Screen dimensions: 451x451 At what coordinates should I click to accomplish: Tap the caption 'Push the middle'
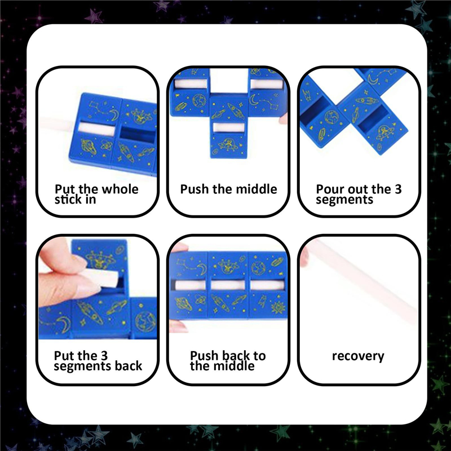[228, 189]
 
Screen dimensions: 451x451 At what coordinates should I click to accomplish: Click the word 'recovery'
[358, 356]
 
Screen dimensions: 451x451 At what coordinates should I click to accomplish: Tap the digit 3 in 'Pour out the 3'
[398, 189]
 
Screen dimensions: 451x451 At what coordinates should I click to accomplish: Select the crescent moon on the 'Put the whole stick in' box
[114, 115]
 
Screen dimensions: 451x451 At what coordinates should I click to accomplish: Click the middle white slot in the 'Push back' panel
[228, 285]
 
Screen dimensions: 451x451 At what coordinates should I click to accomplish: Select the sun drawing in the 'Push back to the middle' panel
[277, 307]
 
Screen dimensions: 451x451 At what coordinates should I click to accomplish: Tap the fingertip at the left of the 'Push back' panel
[179, 249]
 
